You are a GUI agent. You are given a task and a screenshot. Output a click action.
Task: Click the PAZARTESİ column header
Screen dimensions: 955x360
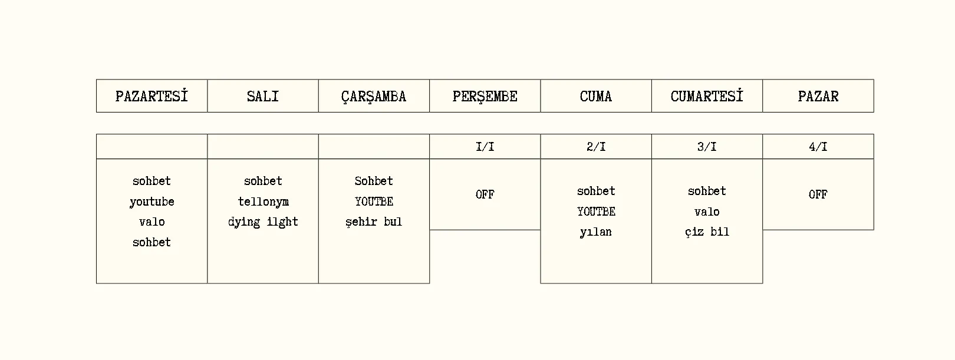[152, 96]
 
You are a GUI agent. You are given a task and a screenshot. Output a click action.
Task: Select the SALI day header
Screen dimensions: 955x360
[263, 96]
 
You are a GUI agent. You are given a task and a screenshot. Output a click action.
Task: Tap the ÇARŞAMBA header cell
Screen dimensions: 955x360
[374, 97]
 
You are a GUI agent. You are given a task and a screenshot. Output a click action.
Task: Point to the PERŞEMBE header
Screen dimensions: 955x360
[485, 97]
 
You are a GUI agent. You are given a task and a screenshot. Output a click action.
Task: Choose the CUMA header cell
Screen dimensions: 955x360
[595, 96]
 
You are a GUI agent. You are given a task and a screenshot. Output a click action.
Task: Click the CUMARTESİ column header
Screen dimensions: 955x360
[707, 96]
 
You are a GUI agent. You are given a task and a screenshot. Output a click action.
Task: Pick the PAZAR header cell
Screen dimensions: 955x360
[818, 96]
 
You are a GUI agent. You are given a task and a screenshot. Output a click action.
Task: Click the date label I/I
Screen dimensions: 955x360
[485, 147]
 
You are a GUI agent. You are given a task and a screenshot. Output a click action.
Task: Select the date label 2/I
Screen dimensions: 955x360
[595, 147]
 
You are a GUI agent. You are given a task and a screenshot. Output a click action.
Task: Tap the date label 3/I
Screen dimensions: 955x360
[707, 147]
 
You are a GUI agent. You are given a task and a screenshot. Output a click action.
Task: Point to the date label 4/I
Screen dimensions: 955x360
[818, 147]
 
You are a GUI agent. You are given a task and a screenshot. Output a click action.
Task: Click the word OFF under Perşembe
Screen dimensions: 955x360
[485, 194]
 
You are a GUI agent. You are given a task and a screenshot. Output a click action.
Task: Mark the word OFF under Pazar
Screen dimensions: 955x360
[818, 194]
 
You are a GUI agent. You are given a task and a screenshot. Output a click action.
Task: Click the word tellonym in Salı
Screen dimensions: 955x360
[263, 202]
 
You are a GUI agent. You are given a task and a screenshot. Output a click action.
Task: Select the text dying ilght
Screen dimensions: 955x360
[263, 222]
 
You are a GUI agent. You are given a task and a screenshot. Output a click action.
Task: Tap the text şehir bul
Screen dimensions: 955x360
[374, 222]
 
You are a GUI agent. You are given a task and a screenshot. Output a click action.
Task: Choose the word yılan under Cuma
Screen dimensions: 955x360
[595, 232]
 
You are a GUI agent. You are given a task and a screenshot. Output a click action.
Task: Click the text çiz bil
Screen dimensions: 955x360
[707, 232]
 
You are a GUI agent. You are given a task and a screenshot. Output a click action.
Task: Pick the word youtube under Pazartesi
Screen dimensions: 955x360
[152, 202]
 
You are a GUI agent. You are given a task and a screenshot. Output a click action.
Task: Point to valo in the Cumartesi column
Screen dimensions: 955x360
[707, 212]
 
